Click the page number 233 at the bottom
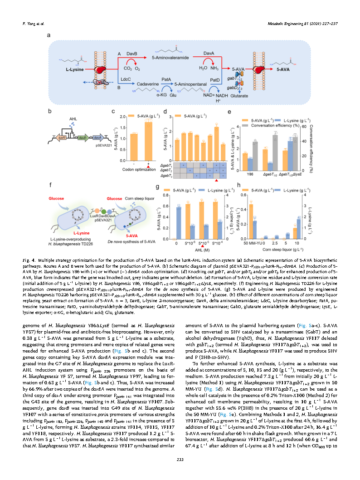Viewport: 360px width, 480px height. (180, 461)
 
